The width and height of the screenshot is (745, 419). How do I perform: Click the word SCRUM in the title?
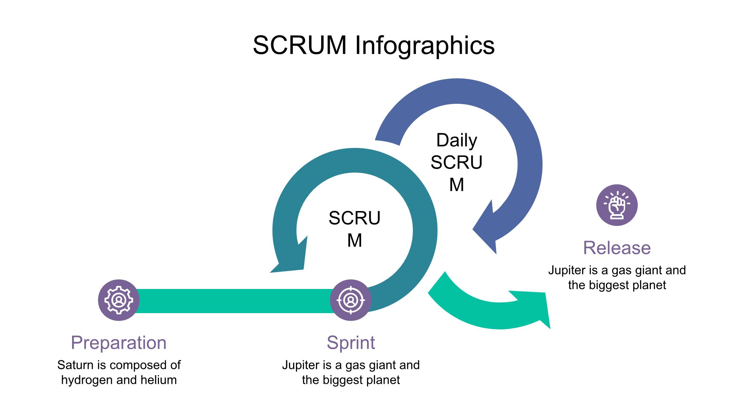click(x=299, y=45)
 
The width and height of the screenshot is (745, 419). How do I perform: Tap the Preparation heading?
click(x=119, y=342)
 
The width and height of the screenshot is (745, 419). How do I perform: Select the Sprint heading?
click(x=351, y=342)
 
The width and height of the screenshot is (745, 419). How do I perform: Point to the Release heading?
click(x=617, y=248)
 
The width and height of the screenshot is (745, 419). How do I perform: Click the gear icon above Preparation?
click(x=119, y=300)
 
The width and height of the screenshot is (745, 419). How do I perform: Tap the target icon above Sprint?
click(x=351, y=300)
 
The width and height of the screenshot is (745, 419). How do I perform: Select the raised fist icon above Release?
click(x=617, y=205)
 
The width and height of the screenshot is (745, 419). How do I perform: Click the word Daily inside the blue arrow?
click(x=457, y=140)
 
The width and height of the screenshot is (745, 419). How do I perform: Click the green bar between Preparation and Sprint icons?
click(x=235, y=301)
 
